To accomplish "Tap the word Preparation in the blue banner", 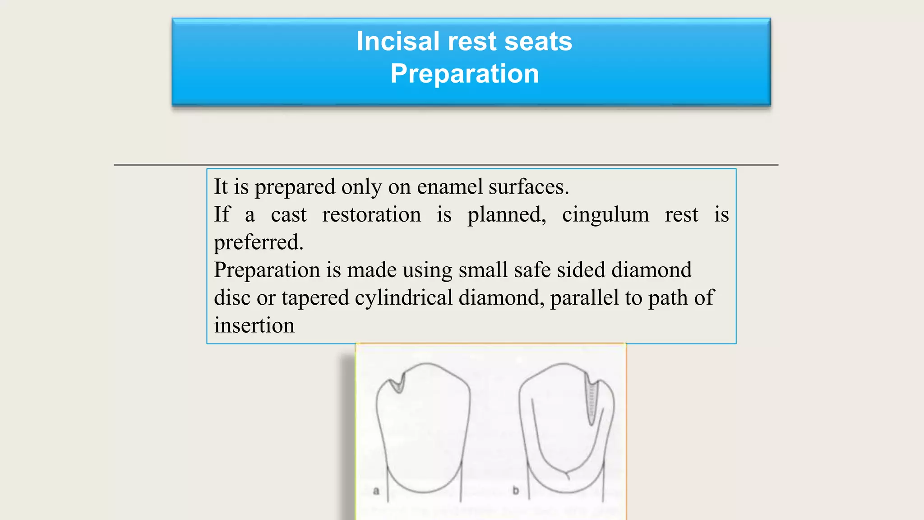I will coord(465,74).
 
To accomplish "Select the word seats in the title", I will coord(538,42).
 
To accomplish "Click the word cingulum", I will coord(605,214).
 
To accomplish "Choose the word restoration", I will coord(371,214).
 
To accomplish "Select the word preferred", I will coord(258,243).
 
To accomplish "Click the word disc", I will coord(232,298).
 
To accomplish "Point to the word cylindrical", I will coord(403,298).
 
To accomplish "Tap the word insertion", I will coord(254,325).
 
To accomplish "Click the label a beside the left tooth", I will coord(376,491).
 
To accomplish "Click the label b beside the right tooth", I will coord(516,490).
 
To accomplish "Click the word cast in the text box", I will coord(288,215).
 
